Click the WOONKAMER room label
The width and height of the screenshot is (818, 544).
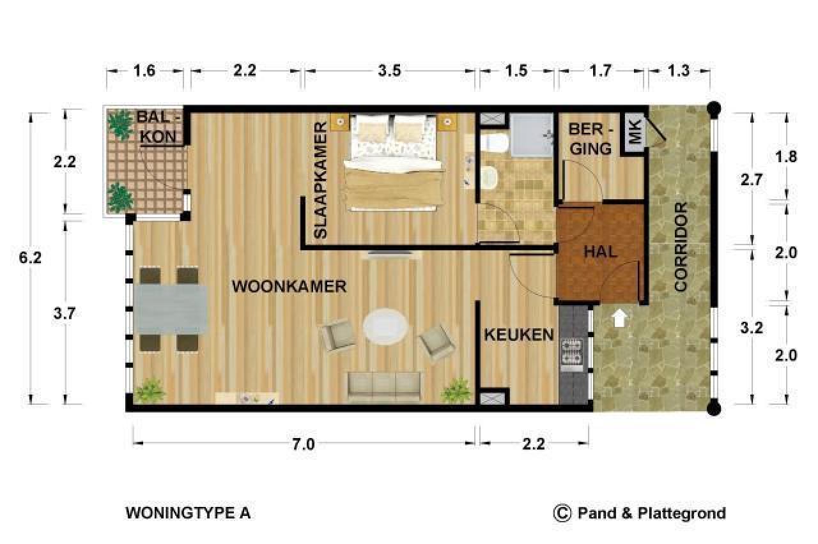click(x=289, y=286)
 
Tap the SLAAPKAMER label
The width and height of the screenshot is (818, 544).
click(x=321, y=181)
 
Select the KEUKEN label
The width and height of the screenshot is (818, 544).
click(x=518, y=335)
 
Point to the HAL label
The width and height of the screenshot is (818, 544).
click(x=600, y=252)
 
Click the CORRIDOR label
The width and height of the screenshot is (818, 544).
click(x=681, y=247)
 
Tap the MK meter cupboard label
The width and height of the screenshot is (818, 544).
click(x=634, y=133)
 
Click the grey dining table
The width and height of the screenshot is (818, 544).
click(x=170, y=310)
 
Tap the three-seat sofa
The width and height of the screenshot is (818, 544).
click(x=385, y=386)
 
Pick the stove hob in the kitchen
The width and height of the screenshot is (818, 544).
click(x=571, y=355)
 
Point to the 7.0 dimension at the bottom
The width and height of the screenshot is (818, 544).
click(x=304, y=444)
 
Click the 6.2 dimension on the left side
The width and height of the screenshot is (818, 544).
click(x=31, y=258)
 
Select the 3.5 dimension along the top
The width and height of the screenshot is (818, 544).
click(x=389, y=71)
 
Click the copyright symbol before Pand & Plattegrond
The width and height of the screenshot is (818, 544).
click(x=562, y=513)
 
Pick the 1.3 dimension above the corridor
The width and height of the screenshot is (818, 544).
click(x=679, y=71)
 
